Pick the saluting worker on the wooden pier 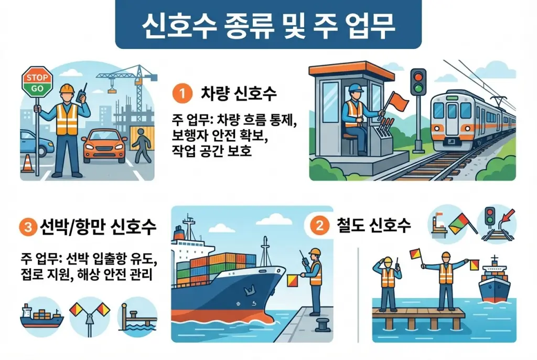tap(388, 283)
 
